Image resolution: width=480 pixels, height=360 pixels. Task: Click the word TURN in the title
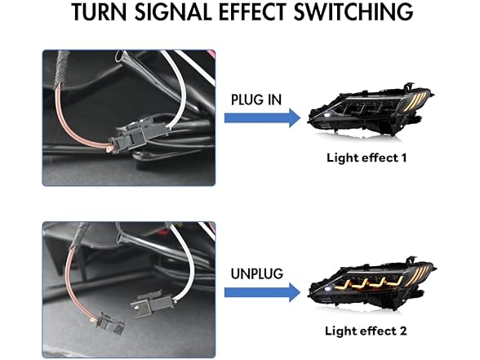[x=99, y=11]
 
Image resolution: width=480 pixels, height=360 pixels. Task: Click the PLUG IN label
[x=256, y=100]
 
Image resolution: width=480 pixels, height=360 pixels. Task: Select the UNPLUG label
[x=256, y=273]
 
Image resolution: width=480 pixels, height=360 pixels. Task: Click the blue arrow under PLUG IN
[x=262, y=118]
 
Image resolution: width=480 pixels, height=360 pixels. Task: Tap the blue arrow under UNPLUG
[x=262, y=292]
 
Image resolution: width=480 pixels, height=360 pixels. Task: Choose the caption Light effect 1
[x=367, y=158]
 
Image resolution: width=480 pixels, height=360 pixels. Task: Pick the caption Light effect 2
[x=366, y=331]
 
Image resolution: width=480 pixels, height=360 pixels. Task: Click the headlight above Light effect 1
[x=371, y=112]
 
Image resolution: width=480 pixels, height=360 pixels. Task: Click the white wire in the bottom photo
[x=189, y=260]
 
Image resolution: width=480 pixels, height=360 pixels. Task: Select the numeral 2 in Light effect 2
[x=402, y=331]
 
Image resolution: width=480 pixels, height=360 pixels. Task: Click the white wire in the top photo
[x=181, y=89]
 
